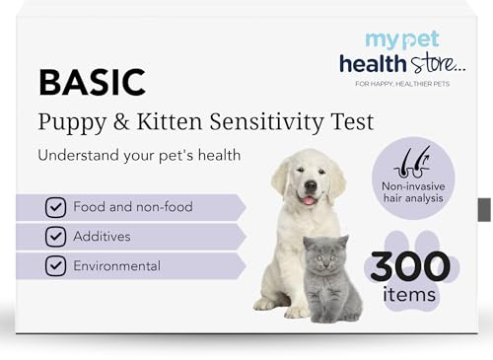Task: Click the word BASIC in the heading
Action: (92, 83)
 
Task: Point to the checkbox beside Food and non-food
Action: (55, 208)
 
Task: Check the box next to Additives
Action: (55, 237)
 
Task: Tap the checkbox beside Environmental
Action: (55, 266)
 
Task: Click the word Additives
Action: (103, 237)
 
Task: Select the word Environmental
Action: (116, 266)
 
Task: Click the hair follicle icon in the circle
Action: (408, 161)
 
